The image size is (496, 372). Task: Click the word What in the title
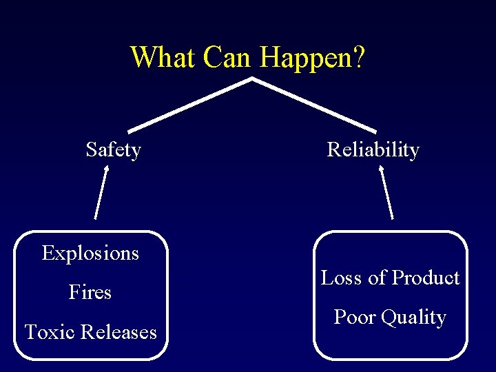pos(163,57)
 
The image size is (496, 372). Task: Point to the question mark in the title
pos(358,57)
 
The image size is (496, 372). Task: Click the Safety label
pos(114,149)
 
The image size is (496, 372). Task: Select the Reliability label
pos(373,149)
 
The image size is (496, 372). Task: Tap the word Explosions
pos(90,254)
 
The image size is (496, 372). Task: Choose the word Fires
pos(90,293)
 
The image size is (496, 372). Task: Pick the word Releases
pos(119,332)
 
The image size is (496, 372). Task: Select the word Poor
pos(354,317)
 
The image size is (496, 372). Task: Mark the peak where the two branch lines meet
pos(251,80)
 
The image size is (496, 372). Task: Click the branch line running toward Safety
pos(189,105)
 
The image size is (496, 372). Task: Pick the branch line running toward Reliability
pos(313,105)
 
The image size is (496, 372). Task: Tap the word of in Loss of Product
pos(377,278)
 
